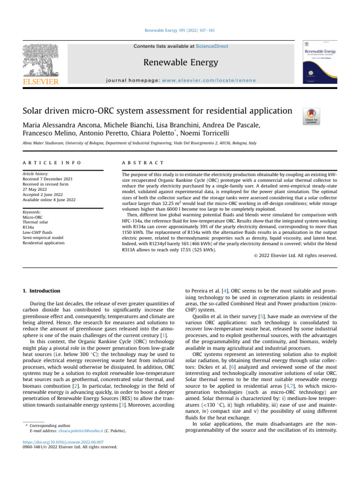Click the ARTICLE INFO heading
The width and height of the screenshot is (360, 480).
coord(52,162)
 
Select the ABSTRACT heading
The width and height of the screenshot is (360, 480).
coord(142,162)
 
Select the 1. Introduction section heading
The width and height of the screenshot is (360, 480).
coord(42,291)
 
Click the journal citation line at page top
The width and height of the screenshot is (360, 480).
coord(180,31)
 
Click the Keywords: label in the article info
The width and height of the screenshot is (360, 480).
coord(34,212)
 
